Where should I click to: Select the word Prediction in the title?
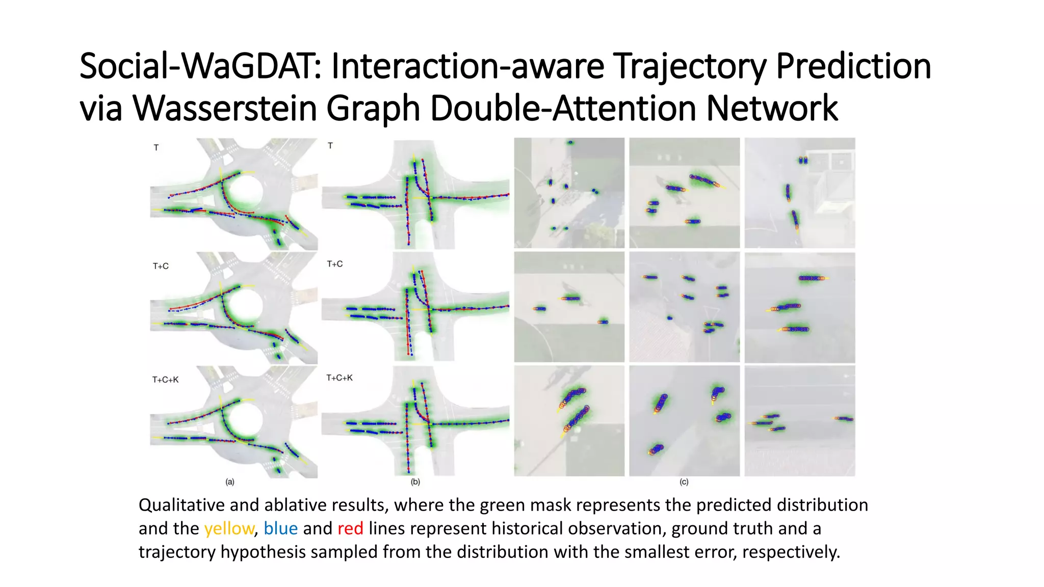coord(853,67)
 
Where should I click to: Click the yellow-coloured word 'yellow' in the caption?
coord(229,528)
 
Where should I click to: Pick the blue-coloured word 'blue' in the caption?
coord(280,528)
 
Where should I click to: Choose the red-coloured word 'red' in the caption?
coord(350,528)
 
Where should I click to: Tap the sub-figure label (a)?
coord(230,482)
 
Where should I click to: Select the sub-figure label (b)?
coord(415,482)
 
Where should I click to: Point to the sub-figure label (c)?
coord(684,482)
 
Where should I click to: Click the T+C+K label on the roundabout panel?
coord(165,380)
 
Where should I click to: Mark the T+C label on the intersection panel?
coord(334,264)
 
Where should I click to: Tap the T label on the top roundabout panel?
coord(156,148)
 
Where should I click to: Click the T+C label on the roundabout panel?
coord(161,266)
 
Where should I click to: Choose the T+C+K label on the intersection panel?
coord(340,378)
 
